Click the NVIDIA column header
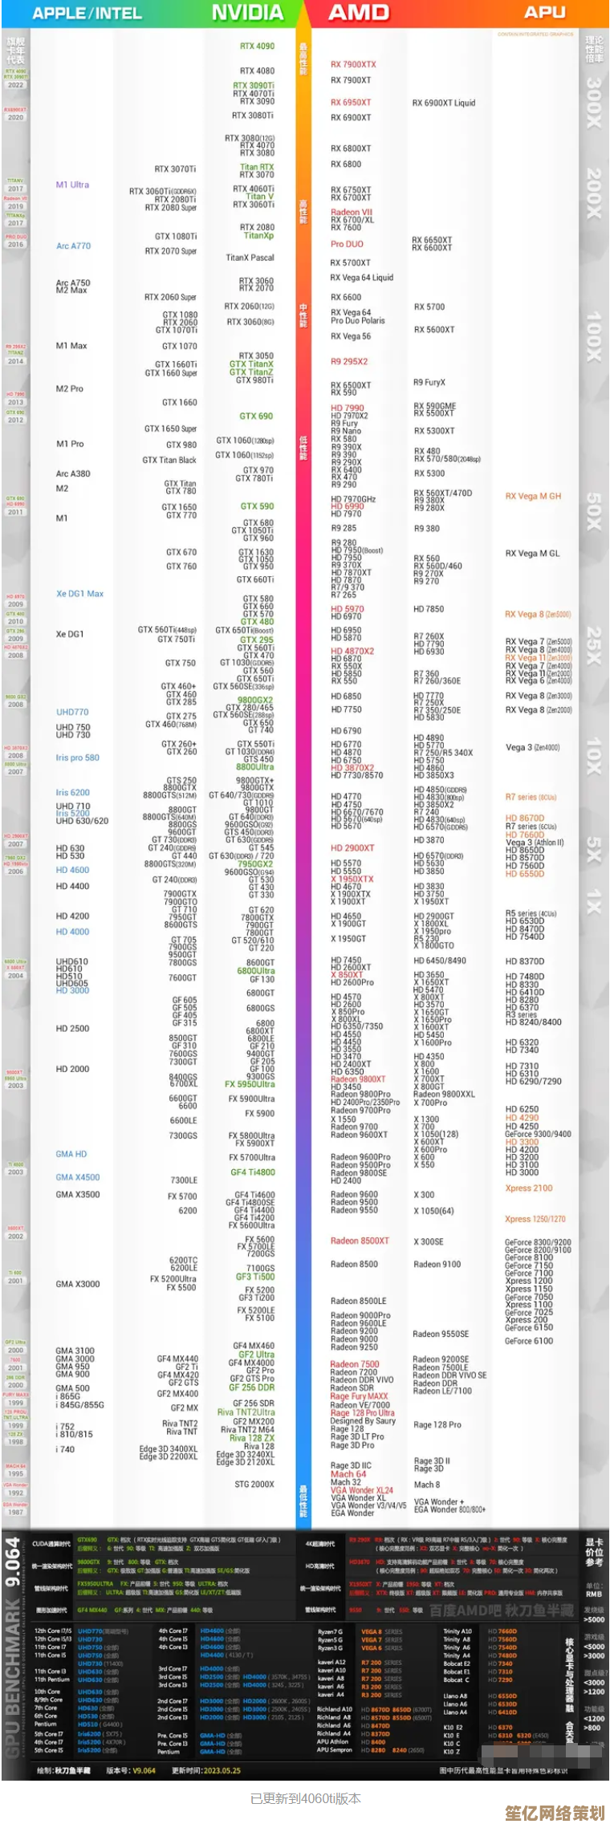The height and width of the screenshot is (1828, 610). coord(247,13)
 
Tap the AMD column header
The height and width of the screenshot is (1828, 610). coord(359,13)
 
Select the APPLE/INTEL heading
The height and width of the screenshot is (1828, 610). coord(87,14)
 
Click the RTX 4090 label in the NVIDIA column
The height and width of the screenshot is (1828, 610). coord(257,47)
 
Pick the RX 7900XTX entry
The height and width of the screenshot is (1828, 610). coord(353,64)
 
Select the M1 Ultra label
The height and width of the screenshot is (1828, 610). coord(72,185)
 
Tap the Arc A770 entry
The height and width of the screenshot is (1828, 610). coord(73,246)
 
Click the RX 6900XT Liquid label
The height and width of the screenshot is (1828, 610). coord(444,103)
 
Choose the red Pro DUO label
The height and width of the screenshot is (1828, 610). coord(347,244)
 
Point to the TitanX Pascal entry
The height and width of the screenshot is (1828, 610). coord(250,258)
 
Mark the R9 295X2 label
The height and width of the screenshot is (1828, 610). coord(349,361)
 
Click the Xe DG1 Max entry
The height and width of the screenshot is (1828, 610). coord(79,594)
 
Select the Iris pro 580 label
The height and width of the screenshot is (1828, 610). coord(78,758)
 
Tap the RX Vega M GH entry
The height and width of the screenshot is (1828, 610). coord(533,496)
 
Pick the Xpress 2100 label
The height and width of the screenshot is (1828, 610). coord(529,1188)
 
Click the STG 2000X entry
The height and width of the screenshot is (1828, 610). coord(254,1485)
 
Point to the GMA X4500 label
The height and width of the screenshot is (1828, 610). coord(78,1177)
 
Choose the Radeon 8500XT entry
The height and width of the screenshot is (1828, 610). coord(360,1241)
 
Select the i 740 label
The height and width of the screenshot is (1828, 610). coord(65,1449)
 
